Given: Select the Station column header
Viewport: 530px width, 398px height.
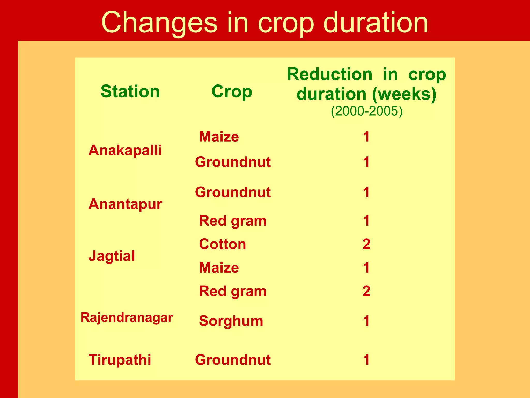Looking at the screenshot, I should pos(130,91).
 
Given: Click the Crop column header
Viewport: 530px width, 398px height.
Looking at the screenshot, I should pos(232,91).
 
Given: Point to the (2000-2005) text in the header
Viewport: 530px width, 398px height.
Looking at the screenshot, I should pos(366,111).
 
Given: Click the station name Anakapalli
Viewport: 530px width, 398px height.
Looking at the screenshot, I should pos(125,150).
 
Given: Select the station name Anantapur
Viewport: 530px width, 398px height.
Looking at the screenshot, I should pos(125,204).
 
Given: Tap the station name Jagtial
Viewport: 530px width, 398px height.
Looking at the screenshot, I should pos(112,256).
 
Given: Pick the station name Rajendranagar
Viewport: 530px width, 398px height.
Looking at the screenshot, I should pos(127,317).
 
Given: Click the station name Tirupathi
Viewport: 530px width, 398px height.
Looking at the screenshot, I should pos(120,360).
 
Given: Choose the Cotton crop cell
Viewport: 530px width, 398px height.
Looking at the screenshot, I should pos(222,244).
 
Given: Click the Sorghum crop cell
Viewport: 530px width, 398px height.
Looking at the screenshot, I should pos(231,321).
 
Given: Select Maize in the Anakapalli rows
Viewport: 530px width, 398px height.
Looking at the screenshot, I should pos(219,137).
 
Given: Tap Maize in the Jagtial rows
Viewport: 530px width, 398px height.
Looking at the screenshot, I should pos(219,267).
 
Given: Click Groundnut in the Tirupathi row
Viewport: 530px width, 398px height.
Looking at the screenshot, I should pos(233,360).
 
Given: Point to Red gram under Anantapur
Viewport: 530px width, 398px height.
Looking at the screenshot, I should pos(232,221).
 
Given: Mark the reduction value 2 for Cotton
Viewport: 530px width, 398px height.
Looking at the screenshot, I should pos(366,244).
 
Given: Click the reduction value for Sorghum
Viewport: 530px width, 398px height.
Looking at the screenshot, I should pos(366,321).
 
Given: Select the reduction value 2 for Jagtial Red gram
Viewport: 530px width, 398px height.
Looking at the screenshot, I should pos(366,291).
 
